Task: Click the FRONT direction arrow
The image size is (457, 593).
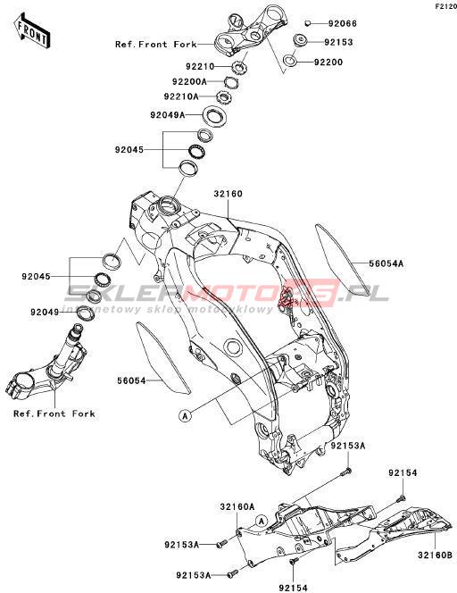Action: point(32,30)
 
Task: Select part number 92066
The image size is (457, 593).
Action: point(342,23)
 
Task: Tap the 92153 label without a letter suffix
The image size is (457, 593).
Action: point(338,42)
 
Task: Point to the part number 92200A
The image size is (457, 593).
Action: point(189,81)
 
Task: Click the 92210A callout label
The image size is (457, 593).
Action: point(181,96)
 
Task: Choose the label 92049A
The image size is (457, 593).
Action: point(168,114)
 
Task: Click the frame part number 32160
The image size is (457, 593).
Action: point(228,194)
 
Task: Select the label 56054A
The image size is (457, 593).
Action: point(386,263)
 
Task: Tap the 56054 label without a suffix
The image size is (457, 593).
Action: point(131,380)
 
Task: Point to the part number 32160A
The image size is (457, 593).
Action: point(237,506)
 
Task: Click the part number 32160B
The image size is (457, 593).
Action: point(435,555)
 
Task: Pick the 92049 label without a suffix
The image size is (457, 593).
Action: point(45,313)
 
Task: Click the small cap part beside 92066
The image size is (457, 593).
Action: point(308,23)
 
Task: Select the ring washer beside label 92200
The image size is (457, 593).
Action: point(290,60)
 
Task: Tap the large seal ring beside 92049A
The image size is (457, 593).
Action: point(215,116)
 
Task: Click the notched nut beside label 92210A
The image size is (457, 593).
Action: point(223,97)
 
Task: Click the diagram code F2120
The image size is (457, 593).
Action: point(446,6)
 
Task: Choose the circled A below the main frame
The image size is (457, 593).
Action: point(185,416)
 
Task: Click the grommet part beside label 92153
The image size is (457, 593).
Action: point(301,40)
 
